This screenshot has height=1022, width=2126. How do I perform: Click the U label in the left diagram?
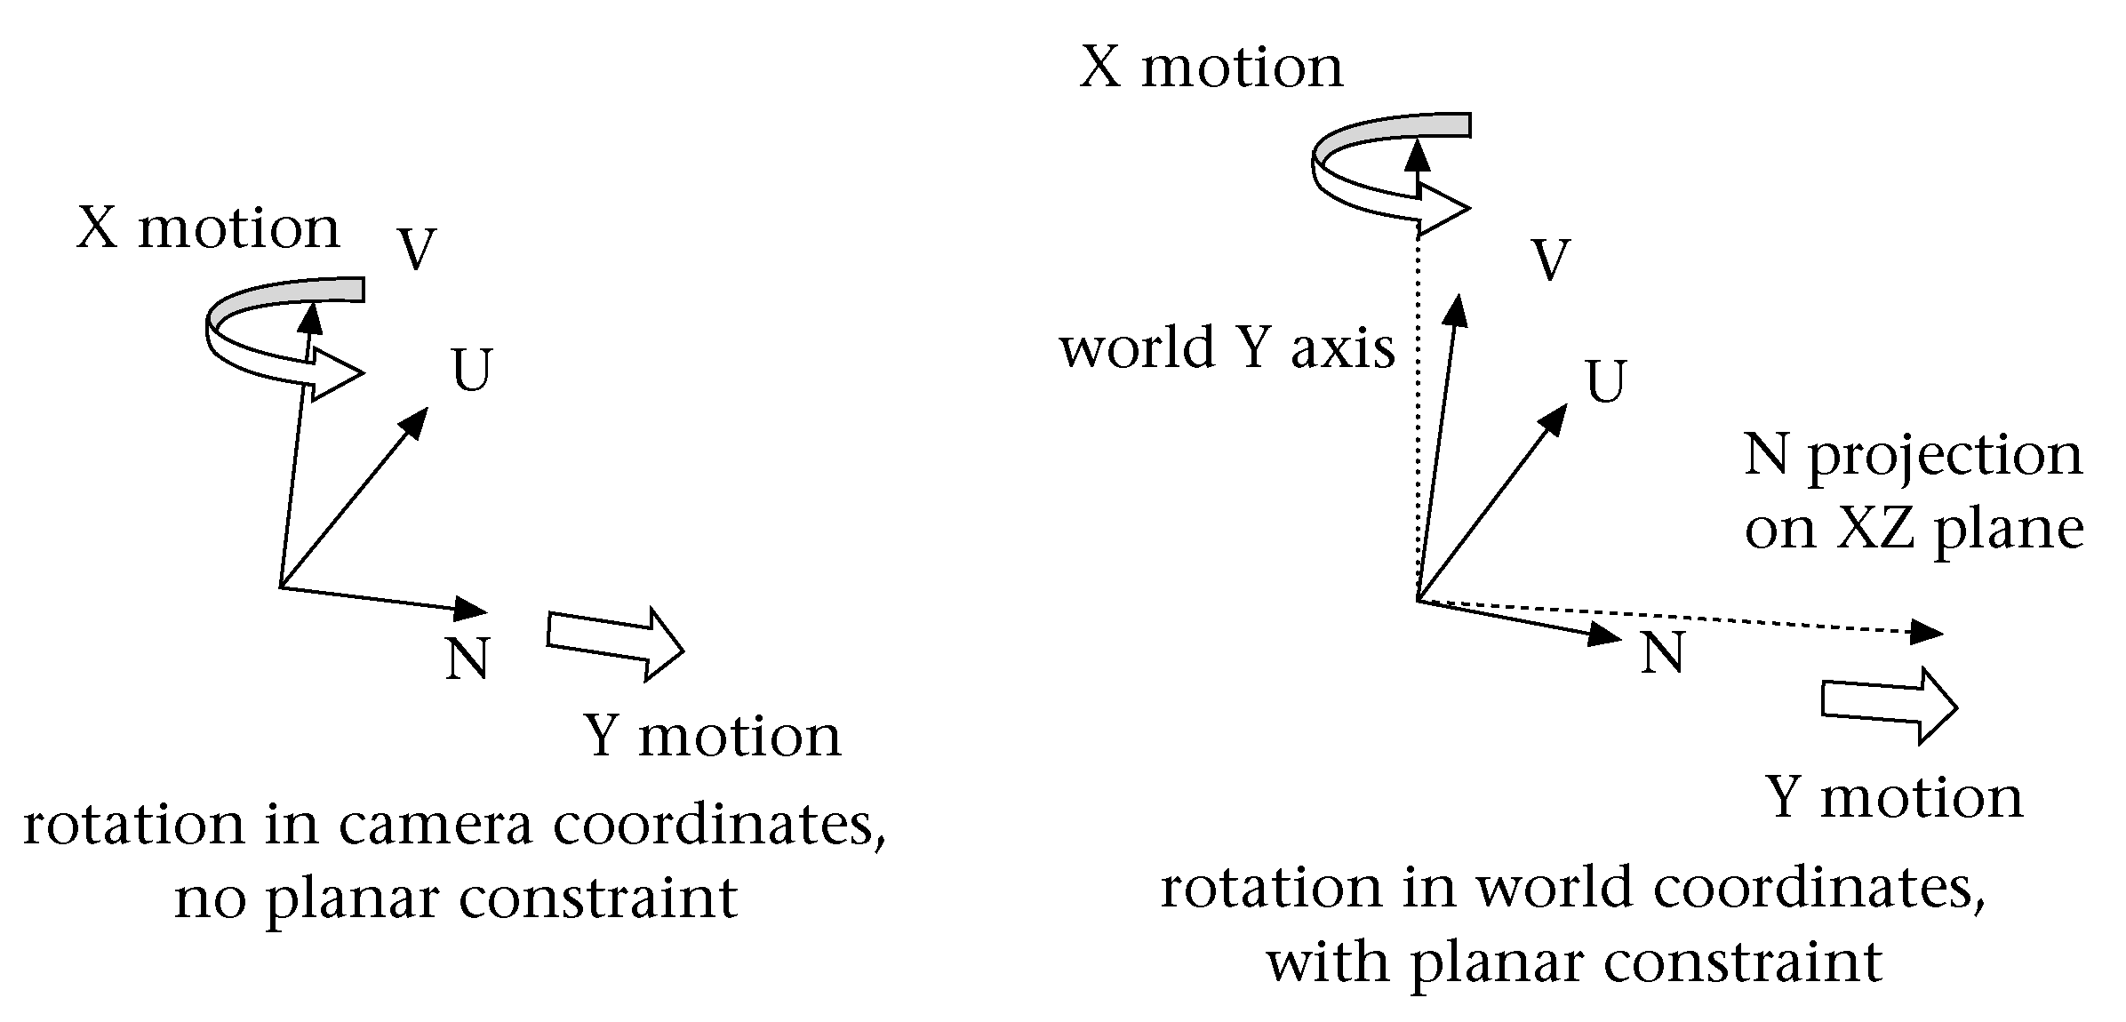[x=471, y=370]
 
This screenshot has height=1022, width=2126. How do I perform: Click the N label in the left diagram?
[x=468, y=659]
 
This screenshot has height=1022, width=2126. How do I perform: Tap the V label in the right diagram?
[x=1551, y=260]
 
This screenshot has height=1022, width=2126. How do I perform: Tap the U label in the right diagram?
[x=1605, y=382]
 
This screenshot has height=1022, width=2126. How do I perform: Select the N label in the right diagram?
[x=1662, y=653]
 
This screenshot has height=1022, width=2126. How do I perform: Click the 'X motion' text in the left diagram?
[x=208, y=228]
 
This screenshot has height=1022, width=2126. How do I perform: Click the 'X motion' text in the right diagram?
[x=1211, y=67]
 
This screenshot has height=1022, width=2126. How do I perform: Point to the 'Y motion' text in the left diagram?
[x=712, y=736]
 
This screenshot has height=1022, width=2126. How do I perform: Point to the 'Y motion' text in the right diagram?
[x=1894, y=796]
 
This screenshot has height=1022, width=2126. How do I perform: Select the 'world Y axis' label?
[x=1227, y=347]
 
